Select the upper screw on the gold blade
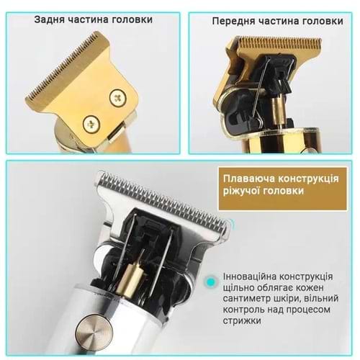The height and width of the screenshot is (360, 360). (118, 97)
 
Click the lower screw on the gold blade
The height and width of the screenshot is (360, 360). (91, 124)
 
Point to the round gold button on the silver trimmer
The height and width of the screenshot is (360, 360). (94, 331)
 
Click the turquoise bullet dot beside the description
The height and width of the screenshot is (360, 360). (211, 281)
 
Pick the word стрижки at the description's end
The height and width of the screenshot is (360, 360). (242, 320)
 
